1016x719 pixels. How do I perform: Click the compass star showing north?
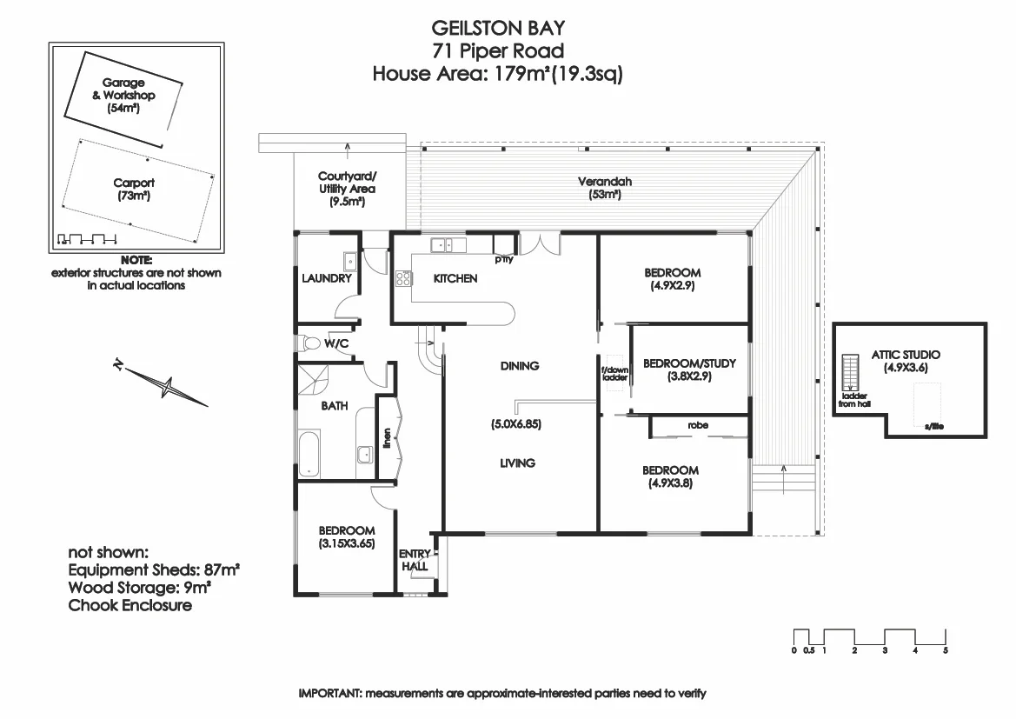point(167,388)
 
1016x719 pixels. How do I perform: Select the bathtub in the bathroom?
point(309,454)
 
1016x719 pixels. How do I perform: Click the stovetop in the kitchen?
point(403,279)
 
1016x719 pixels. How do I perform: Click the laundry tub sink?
point(350,262)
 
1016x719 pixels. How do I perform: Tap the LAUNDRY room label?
point(327,278)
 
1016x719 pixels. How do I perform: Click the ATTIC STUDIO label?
point(906,355)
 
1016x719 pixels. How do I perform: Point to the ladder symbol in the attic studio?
point(849,372)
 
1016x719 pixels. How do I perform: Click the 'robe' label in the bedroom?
point(698,425)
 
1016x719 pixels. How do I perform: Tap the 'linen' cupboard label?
point(387,438)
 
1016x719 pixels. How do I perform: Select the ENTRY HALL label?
point(415,560)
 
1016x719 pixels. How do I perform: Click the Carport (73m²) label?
point(134,190)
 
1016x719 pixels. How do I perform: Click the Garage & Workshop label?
point(123,96)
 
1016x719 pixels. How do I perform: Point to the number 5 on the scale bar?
point(946,650)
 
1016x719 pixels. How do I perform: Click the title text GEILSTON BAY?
point(498,28)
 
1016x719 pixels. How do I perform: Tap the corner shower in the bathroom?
point(314,380)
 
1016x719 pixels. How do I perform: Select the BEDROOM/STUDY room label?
point(689,363)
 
